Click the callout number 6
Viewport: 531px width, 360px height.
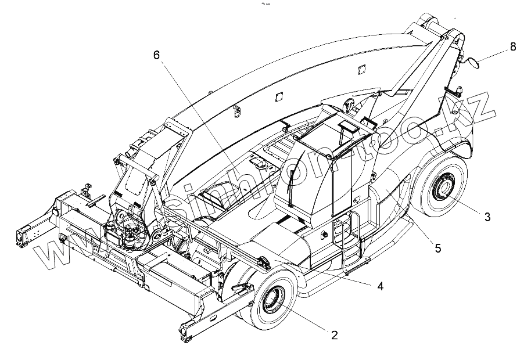156,56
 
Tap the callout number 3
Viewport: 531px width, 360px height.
488,217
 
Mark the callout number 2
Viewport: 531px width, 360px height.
334,335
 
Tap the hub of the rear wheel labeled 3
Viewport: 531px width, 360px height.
445,189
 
